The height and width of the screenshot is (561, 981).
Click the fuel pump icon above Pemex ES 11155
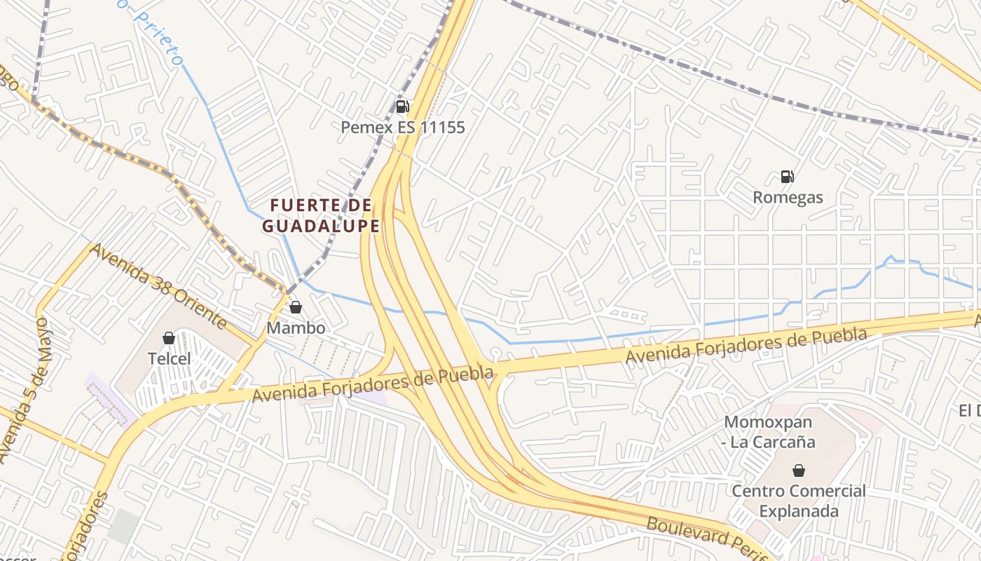(402, 107)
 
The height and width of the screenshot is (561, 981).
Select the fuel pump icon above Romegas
(788, 177)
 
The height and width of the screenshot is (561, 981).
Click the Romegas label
(788, 198)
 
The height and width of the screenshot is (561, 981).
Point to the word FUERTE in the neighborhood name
(310, 205)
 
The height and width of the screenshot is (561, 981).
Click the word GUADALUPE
(321, 226)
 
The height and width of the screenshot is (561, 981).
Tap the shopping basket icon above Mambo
(296, 307)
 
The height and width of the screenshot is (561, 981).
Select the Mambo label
(296, 328)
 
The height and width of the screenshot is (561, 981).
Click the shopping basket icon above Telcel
(169, 338)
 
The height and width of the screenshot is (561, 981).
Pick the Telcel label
(169, 359)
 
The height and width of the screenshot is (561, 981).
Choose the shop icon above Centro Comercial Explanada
(798, 470)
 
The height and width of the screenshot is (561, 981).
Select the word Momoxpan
(768, 422)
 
